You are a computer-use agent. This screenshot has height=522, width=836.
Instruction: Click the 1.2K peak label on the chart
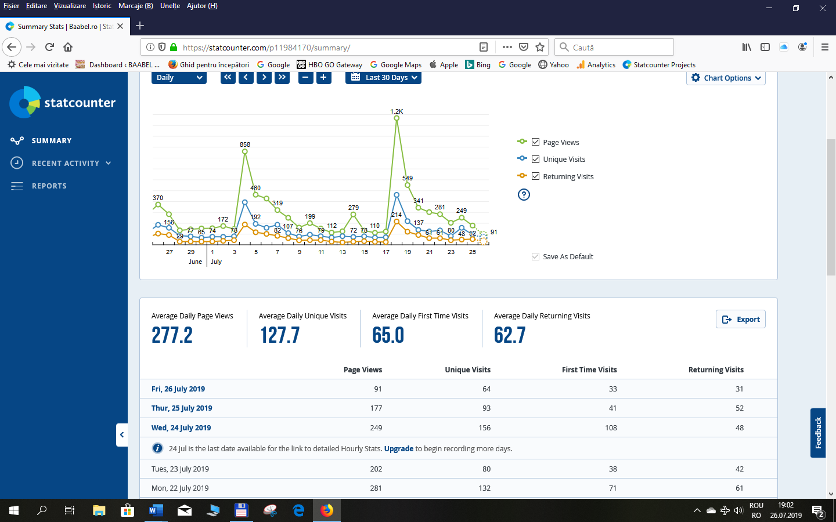coord(397,111)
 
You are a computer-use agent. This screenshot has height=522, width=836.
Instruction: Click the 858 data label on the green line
coord(245,144)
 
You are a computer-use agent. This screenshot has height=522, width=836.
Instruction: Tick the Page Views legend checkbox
coord(535,142)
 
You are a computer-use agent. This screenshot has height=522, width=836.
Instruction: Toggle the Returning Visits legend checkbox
coord(535,176)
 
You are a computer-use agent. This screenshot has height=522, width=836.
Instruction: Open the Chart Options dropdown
coord(726,78)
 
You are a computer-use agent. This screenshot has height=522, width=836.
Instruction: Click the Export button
coord(741,320)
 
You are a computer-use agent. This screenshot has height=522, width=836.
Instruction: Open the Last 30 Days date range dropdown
coord(383,78)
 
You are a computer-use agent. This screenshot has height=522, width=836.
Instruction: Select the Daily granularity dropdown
coord(179,78)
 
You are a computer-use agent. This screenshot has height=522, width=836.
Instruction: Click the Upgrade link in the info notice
coord(398,448)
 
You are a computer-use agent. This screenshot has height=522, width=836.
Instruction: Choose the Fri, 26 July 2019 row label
coord(178,389)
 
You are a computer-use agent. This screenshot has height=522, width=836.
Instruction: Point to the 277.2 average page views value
coord(172,335)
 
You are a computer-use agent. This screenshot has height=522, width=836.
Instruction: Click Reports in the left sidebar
coord(49,186)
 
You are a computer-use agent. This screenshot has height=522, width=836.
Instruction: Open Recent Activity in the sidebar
coord(65,164)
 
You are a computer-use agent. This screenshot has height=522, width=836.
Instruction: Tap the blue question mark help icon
coord(524,195)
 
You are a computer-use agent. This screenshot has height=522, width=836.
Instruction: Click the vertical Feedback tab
coord(818,433)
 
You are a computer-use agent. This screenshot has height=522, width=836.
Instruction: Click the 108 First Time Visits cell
coord(611,428)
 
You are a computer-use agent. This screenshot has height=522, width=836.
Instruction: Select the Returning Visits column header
coord(716,370)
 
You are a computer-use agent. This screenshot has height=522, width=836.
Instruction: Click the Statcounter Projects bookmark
coord(664,65)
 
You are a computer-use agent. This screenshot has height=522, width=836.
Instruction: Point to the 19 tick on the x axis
coord(408,252)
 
